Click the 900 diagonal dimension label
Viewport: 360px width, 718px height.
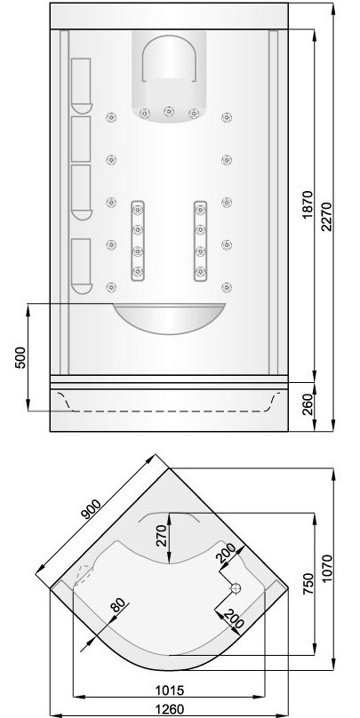pos(92,513)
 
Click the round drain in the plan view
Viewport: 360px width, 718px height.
pos(236,587)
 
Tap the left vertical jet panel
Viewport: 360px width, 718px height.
pos(138,241)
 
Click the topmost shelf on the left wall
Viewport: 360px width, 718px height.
pos(81,84)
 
